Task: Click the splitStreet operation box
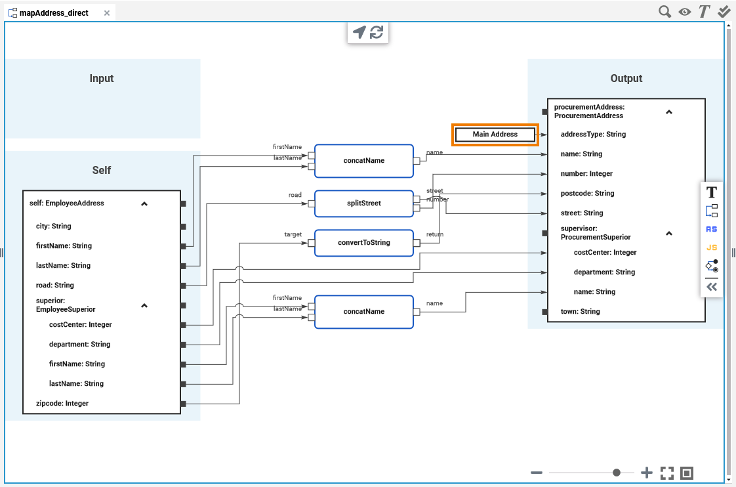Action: pyautogui.click(x=363, y=203)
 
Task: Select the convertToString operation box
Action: pyautogui.click(x=363, y=243)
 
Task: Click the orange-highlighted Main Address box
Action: pyautogui.click(x=495, y=135)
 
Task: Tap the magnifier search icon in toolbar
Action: pyautogui.click(x=665, y=12)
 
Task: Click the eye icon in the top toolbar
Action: pyautogui.click(x=685, y=12)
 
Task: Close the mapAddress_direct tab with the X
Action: pyautogui.click(x=107, y=13)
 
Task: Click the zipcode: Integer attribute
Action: pyautogui.click(x=62, y=404)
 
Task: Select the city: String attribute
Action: pyautogui.click(x=53, y=226)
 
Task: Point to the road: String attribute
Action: pyautogui.click(x=54, y=286)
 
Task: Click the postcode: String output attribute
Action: pyautogui.click(x=587, y=194)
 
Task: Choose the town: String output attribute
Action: pyautogui.click(x=580, y=312)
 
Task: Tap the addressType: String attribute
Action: pyautogui.click(x=593, y=135)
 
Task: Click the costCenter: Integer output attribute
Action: pyautogui.click(x=605, y=253)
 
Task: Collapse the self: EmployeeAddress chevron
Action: pyautogui.click(x=144, y=204)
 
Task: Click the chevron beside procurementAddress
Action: pyautogui.click(x=669, y=112)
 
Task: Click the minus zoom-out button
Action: pyautogui.click(x=537, y=473)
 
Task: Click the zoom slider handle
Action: pyautogui.click(x=617, y=473)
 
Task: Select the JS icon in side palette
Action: pyautogui.click(x=712, y=247)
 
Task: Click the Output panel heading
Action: pyautogui.click(x=626, y=79)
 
